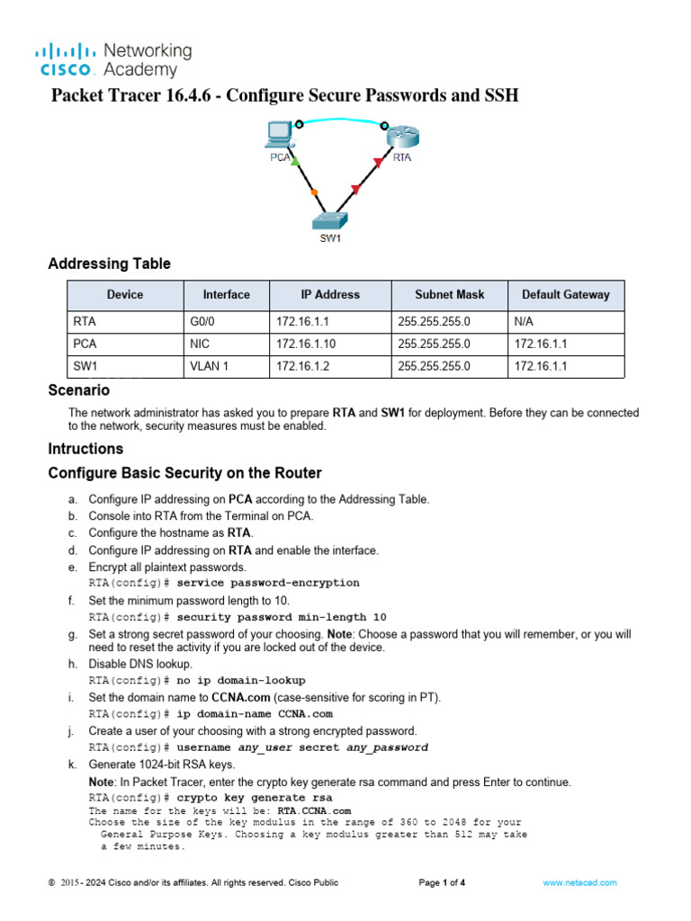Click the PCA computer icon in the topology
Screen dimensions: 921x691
[280, 136]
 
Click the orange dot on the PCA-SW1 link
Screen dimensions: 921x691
[313, 192]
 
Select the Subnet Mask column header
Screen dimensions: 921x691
[449, 294]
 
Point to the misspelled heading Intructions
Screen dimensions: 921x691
[85, 448]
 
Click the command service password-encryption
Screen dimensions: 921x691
[268, 583]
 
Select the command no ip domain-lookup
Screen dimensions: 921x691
[241, 680]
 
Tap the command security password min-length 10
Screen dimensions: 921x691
[282, 617]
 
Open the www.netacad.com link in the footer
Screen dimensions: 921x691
[580, 883]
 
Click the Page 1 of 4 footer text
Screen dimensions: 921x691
[442, 883]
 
